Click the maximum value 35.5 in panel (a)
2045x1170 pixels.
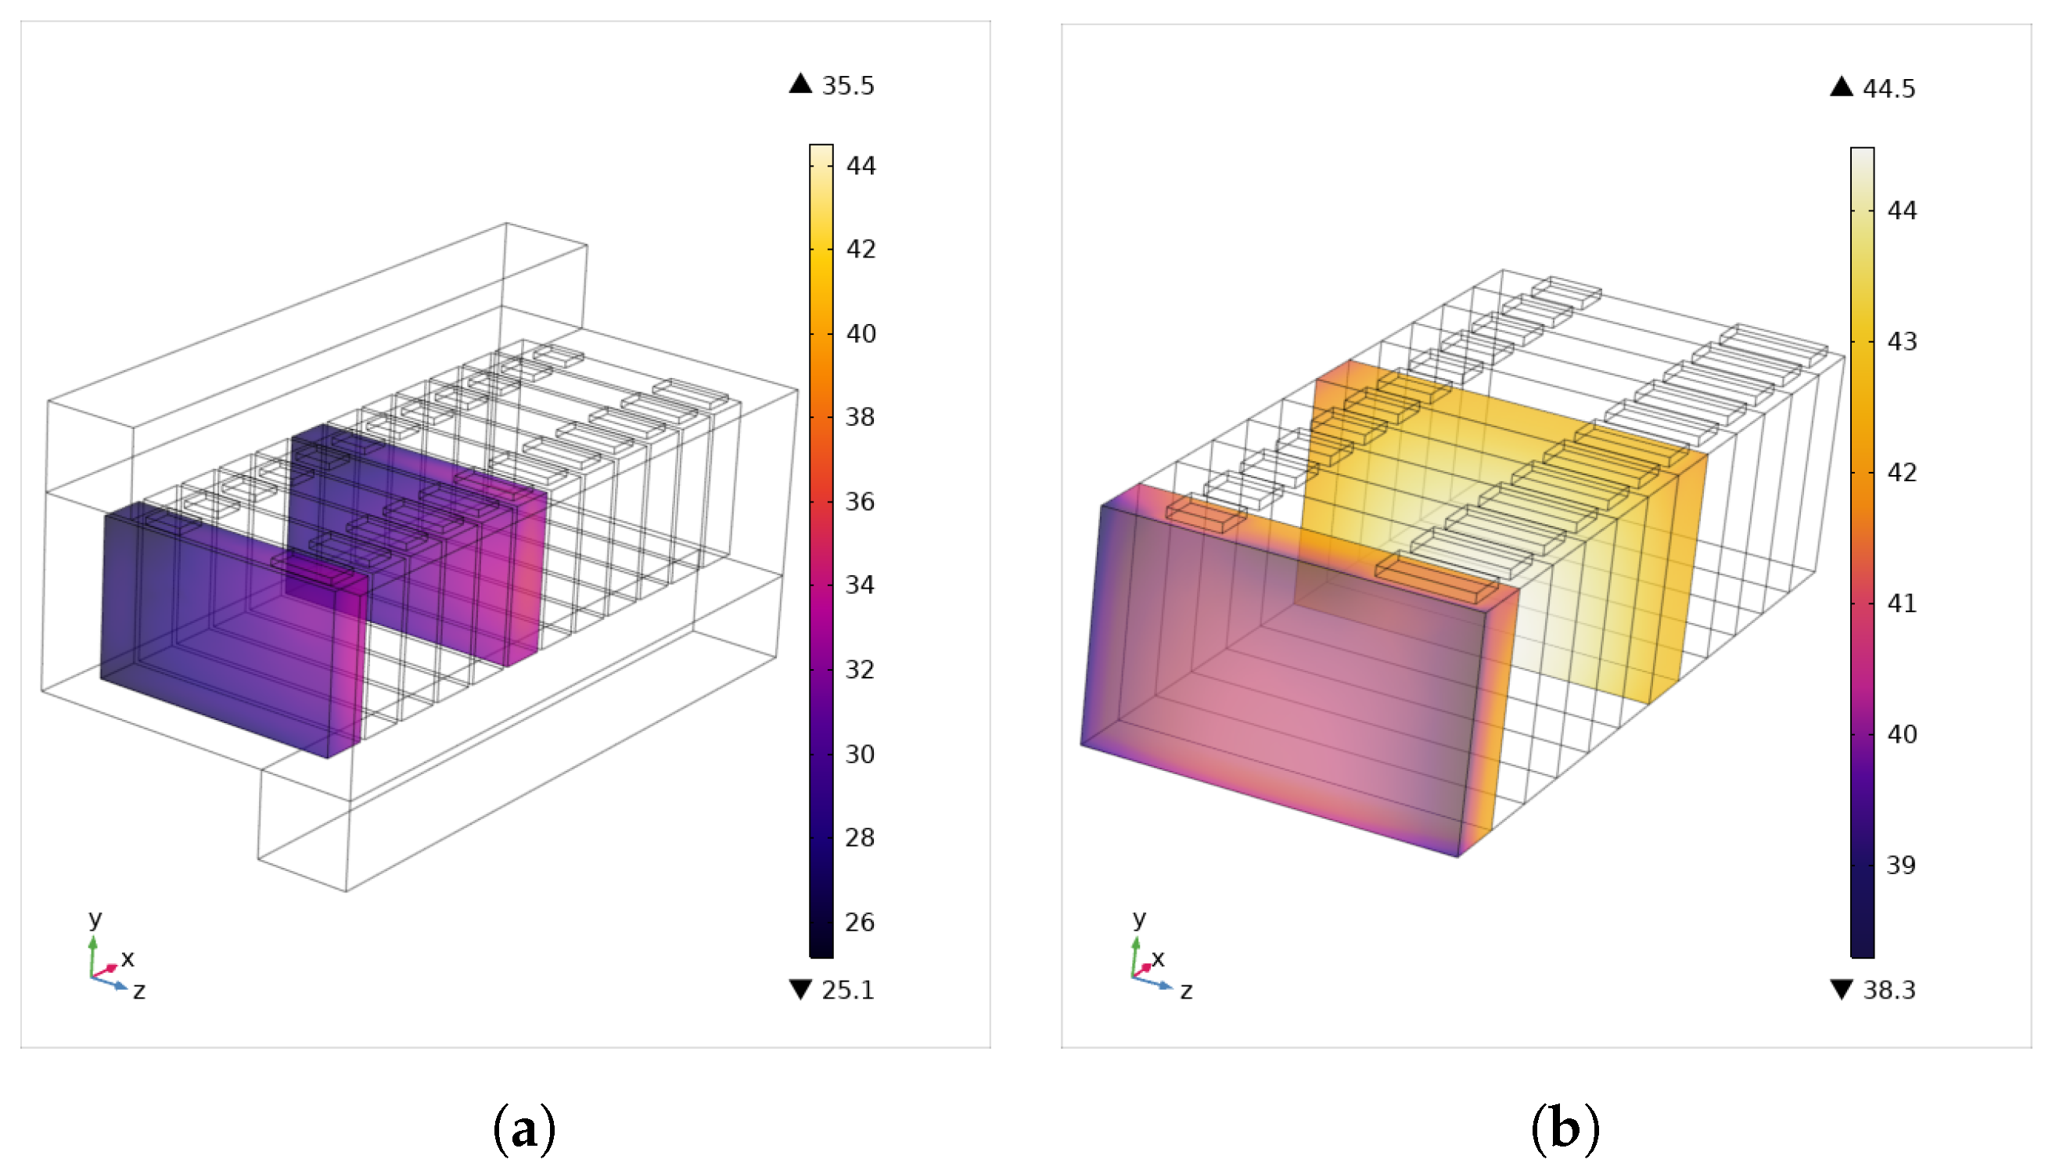(x=847, y=85)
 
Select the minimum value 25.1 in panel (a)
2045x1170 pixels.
(x=847, y=990)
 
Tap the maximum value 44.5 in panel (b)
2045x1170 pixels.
(x=1889, y=88)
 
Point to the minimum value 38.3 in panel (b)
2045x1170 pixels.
(x=1889, y=990)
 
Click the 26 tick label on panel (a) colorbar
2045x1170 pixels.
(x=860, y=922)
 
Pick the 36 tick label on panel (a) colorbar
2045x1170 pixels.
(x=860, y=502)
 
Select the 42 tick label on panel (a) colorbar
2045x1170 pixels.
(x=861, y=249)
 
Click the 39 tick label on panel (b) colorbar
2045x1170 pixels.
(x=1901, y=865)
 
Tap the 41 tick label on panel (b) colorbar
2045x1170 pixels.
(x=1901, y=603)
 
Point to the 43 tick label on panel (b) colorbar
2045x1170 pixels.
(x=1901, y=341)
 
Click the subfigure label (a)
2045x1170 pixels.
(x=523, y=1129)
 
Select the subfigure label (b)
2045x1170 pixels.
(x=1565, y=1129)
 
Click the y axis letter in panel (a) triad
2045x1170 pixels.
(x=95, y=918)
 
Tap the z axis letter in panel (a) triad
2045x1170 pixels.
(x=139, y=991)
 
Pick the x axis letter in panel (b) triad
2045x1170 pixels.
(x=1157, y=958)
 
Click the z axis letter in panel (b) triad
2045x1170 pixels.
(x=1186, y=991)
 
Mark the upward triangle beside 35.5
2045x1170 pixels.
(x=801, y=84)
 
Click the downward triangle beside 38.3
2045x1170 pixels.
(x=1842, y=989)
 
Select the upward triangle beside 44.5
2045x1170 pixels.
(x=1842, y=87)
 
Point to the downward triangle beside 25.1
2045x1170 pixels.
(x=801, y=989)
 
